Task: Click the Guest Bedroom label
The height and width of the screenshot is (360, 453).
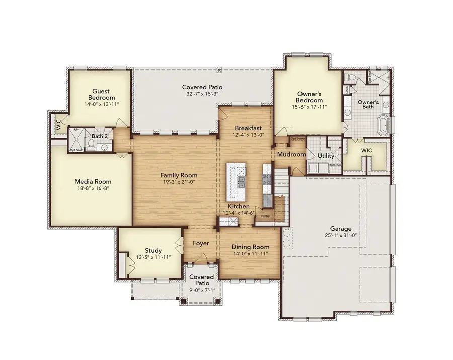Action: point(101,94)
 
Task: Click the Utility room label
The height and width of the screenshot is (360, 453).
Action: point(326,156)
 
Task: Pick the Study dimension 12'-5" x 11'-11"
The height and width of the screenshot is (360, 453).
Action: point(153,257)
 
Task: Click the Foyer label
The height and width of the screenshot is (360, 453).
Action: point(201,243)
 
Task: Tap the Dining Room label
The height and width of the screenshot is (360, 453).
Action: point(250,247)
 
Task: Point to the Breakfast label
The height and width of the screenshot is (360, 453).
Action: point(246,128)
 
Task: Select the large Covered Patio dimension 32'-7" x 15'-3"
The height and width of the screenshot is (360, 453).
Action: point(202,94)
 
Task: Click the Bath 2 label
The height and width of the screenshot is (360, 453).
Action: point(99,136)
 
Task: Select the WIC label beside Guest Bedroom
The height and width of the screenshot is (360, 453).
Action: point(59,125)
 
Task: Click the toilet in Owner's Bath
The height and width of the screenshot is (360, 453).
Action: point(352,77)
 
